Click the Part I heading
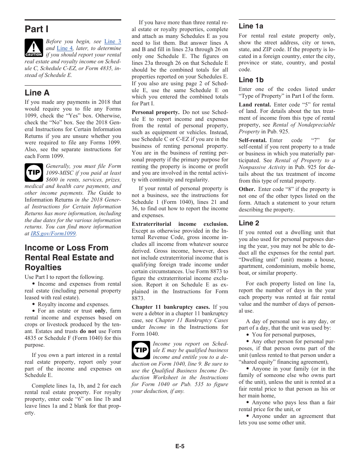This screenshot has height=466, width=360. (36, 29)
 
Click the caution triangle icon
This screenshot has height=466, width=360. (34, 48)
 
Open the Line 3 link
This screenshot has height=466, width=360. (113, 41)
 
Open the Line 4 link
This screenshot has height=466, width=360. (64, 48)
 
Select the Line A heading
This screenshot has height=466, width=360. (37, 93)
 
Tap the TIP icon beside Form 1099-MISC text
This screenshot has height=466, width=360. (34, 172)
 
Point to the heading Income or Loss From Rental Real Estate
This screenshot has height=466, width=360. (69, 258)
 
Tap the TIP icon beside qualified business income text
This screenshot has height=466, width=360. (141, 350)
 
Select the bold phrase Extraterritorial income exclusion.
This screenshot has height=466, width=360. (180, 224)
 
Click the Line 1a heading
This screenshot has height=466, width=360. (251, 26)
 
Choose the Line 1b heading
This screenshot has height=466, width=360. (251, 80)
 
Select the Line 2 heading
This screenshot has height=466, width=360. (249, 223)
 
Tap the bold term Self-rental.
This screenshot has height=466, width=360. (253, 140)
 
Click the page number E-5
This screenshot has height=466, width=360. (180, 446)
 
